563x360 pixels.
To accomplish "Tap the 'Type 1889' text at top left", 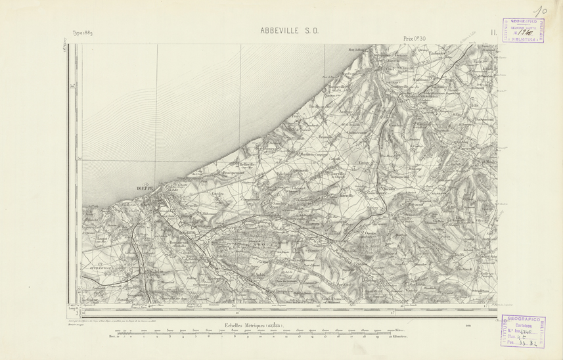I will (x=84, y=33).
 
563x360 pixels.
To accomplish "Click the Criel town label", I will (x=388, y=68).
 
